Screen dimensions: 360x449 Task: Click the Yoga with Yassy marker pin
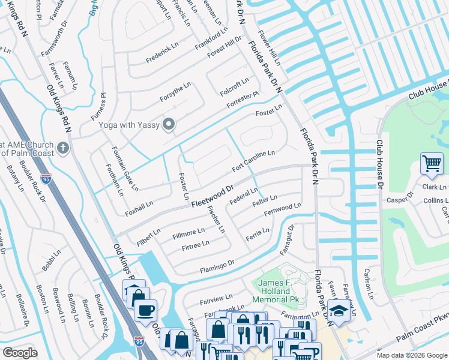pyautogui.click(x=169, y=125)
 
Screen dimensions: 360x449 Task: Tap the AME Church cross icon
pyautogui.click(x=63, y=148)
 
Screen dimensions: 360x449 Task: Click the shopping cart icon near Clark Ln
pyautogui.click(x=432, y=163)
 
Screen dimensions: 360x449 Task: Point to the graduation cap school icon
pyautogui.click(x=339, y=311)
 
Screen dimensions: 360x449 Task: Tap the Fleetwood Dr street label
pyautogui.click(x=212, y=196)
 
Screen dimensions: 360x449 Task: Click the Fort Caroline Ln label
pyautogui.click(x=253, y=160)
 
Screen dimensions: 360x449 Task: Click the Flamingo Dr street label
pyautogui.click(x=213, y=263)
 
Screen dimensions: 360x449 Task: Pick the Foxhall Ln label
pyautogui.click(x=139, y=207)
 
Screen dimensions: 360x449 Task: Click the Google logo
pyautogui.click(x=20, y=353)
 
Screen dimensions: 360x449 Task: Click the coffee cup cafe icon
pyautogui.click(x=145, y=310)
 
